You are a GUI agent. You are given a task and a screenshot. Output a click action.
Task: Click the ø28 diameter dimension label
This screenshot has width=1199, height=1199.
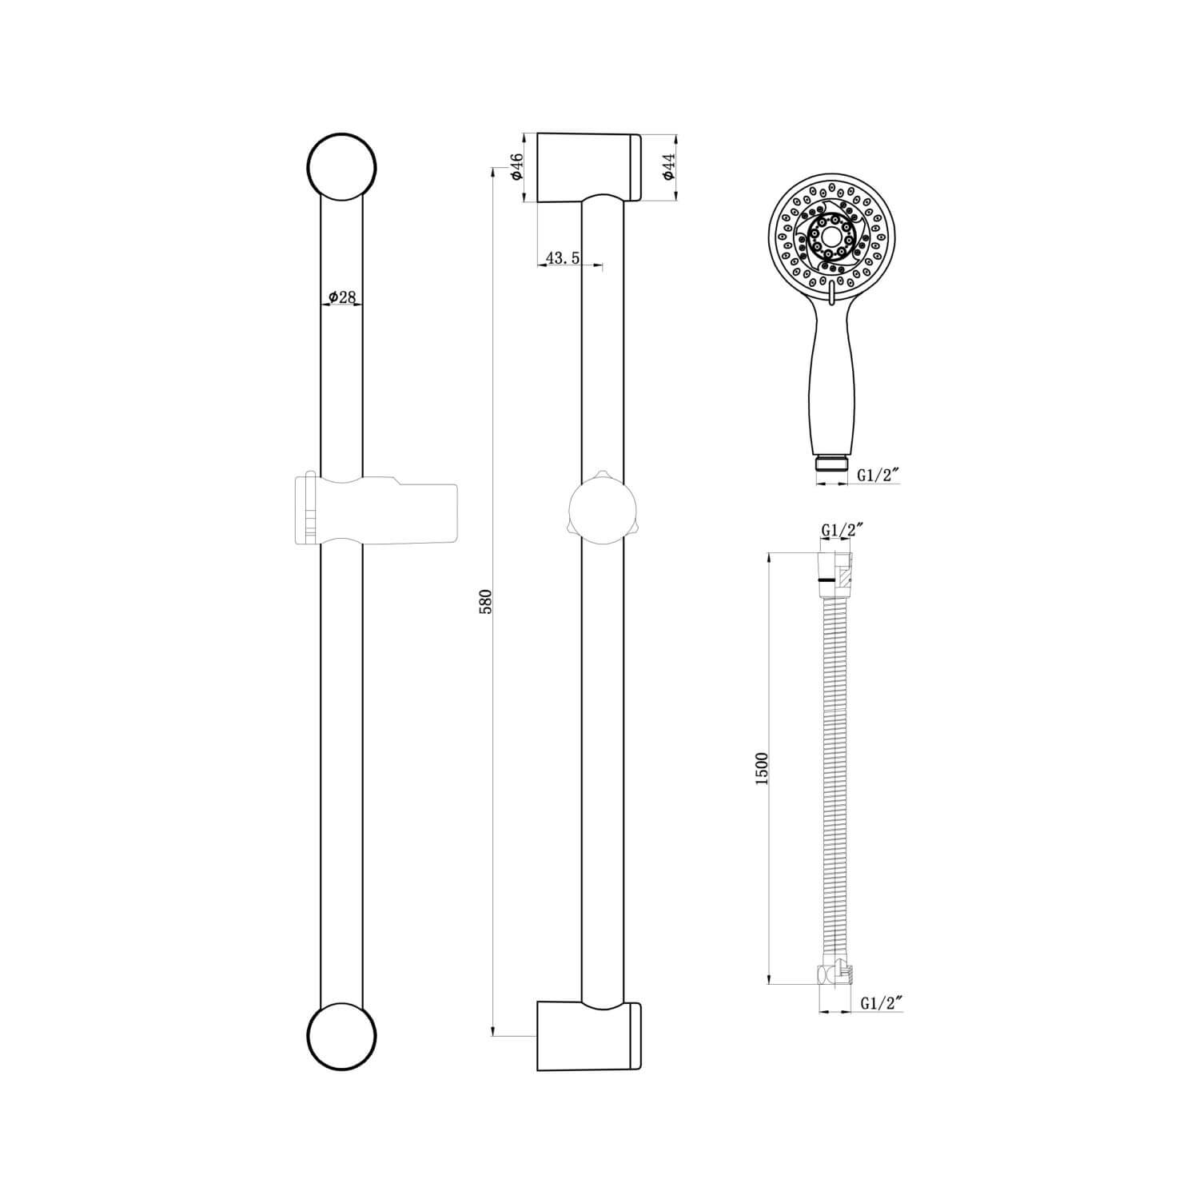tap(341, 297)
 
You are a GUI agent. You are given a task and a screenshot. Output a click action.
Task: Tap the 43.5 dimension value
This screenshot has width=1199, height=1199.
tap(562, 257)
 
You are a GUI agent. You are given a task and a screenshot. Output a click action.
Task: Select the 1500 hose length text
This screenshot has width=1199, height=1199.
tap(761, 767)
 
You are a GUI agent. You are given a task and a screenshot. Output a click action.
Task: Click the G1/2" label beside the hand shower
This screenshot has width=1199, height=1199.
tap(878, 475)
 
